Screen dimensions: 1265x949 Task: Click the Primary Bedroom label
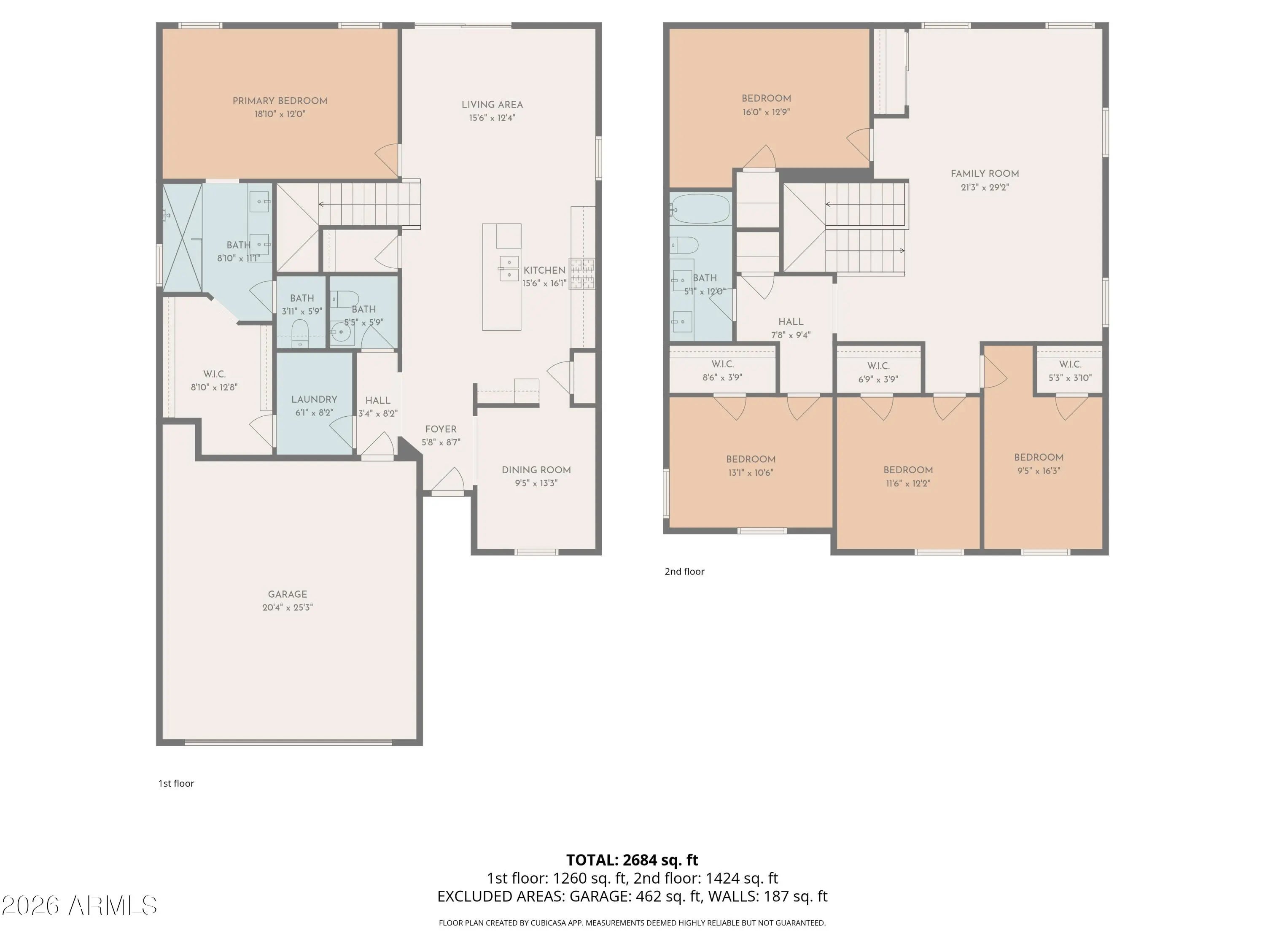tap(280, 101)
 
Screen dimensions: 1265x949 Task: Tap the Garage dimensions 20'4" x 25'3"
tap(288, 607)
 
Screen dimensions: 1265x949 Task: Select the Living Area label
tap(493, 105)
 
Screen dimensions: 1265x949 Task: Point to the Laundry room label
tap(314, 399)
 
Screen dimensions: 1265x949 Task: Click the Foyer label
tap(441, 429)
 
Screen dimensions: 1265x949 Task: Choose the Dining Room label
tap(536, 469)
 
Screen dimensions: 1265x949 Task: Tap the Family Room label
tap(985, 173)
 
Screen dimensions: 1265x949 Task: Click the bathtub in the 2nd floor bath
tap(700, 209)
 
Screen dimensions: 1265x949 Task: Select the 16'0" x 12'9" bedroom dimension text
tap(766, 112)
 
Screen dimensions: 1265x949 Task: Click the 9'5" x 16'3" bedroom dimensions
tap(1039, 471)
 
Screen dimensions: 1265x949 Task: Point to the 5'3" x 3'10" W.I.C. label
tap(1070, 371)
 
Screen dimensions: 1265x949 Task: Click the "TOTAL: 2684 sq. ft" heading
tap(632, 860)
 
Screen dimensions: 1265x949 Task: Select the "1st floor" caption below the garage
tap(176, 783)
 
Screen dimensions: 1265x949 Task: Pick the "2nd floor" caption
tap(684, 572)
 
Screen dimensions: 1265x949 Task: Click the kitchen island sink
tap(509, 269)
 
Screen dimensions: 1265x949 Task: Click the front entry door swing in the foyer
tap(448, 480)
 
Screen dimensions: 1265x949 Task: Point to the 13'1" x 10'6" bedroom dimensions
tap(751, 472)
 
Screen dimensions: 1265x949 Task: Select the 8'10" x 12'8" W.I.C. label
tap(214, 380)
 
